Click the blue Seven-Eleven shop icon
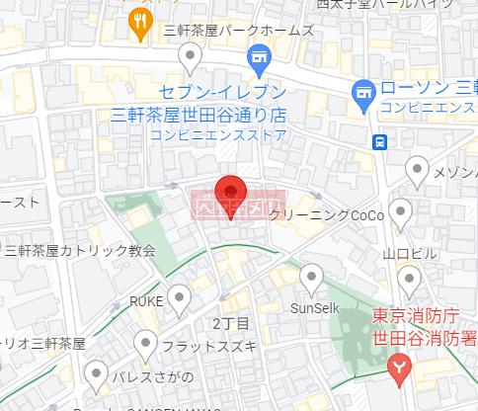(x=261, y=56)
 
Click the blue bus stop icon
(x=379, y=140)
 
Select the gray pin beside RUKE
(x=179, y=295)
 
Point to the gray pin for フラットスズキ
(x=146, y=344)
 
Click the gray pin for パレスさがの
(x=96, y=373)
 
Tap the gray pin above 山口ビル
(x=401, y=210)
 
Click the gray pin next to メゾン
(x=419, y=174)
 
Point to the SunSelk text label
(x=314, y=307)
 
